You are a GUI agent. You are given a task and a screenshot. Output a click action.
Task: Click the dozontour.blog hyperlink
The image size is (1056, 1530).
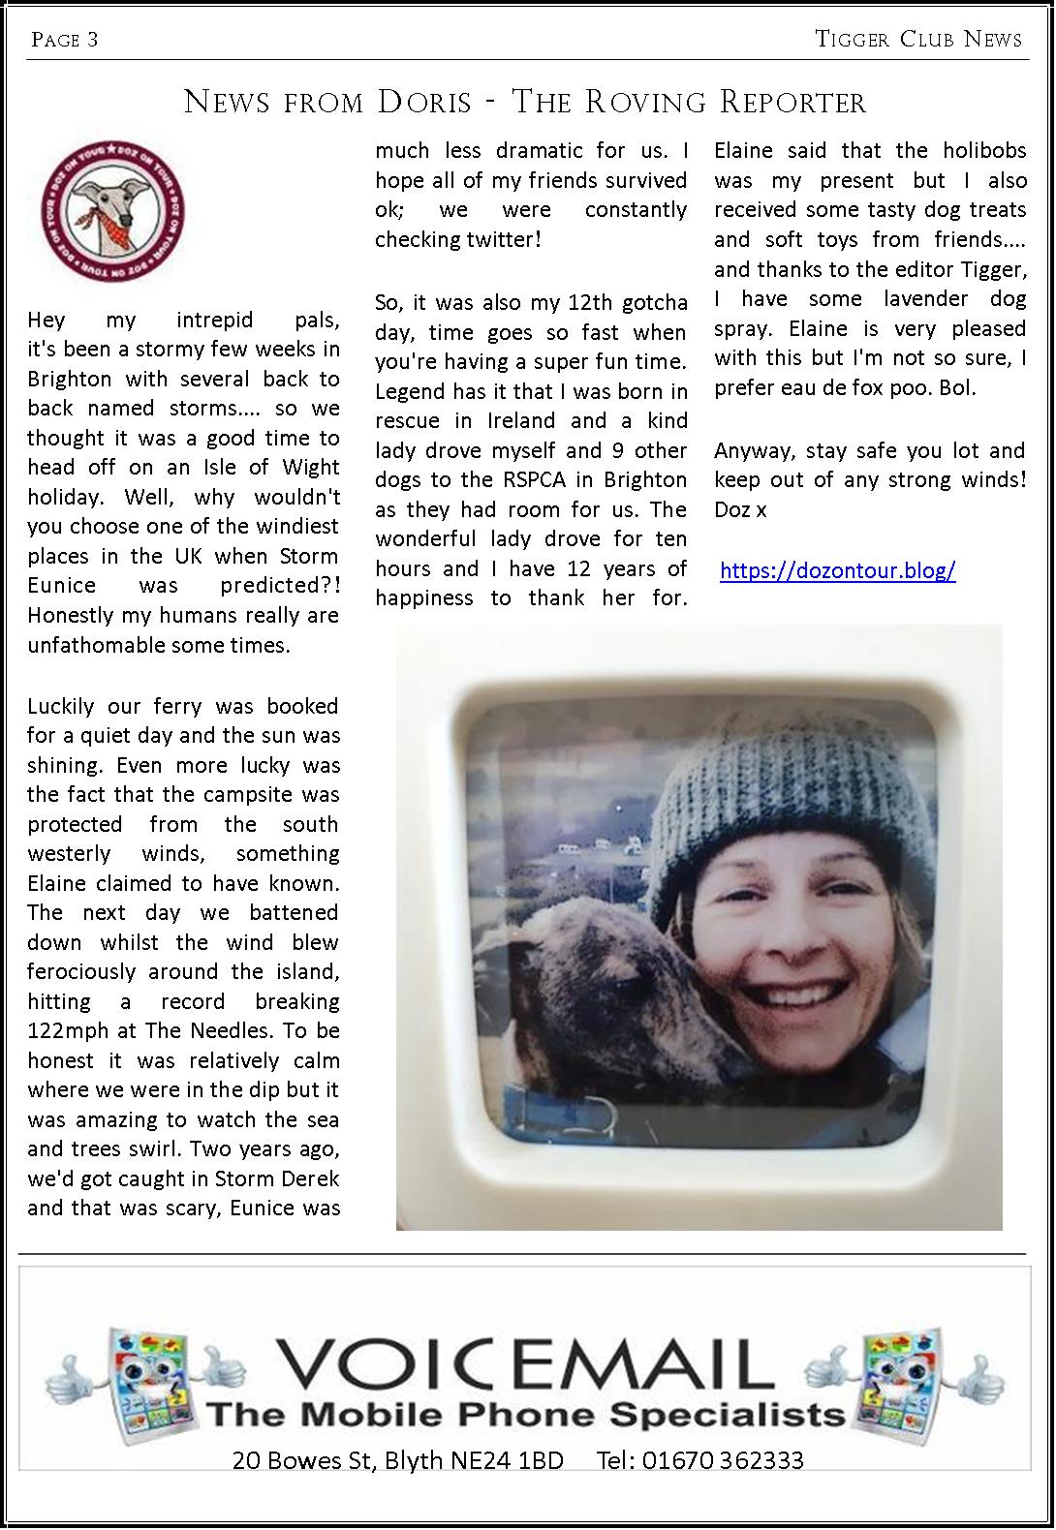[837, 570]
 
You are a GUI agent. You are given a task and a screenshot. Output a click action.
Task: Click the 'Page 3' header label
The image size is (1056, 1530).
[65, 40]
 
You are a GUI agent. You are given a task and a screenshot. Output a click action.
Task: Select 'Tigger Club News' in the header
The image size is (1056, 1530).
[918, 40]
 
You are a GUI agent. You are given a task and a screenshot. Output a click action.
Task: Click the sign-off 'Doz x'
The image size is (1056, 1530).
[740, 509]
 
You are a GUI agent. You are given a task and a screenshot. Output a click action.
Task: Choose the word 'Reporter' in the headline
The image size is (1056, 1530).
[785, 102]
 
